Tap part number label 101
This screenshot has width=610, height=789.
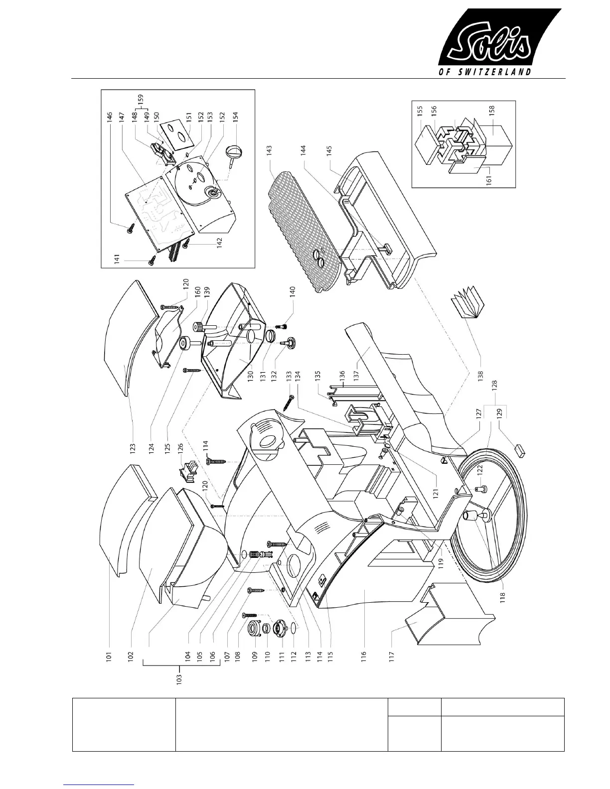pyautogui.click(x=109, y=654)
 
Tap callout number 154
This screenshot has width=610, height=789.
pyautogui.click(x=236, y=116)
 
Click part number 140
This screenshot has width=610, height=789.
pyautogui.click(x=293, y=291)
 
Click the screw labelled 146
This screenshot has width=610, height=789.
pyautogui.click(x=131, y=227)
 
